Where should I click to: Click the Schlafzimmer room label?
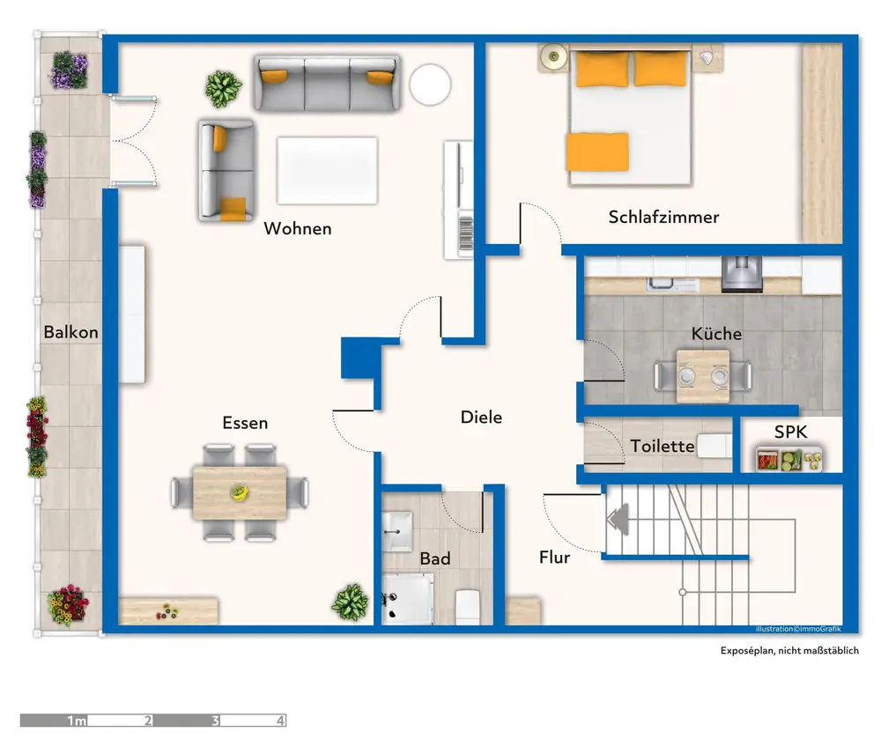pos(663,218)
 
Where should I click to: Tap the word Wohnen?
pos(298,229)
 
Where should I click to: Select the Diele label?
pos(481,418)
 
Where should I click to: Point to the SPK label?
pos(790,432)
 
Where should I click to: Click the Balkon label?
pos(70,332)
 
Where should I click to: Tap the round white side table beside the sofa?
pos(430,85)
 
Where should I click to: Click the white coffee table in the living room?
pos(327,171)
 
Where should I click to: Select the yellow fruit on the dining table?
pos(240,493)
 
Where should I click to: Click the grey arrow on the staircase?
pos(618,518)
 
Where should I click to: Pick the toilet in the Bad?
pos(468,607)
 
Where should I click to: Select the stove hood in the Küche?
pos(742,274)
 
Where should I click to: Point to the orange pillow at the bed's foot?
pos(596,152)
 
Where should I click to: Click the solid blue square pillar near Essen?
pos(360,358)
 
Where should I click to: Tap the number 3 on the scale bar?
pos(215,721)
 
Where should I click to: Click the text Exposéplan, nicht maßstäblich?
pos(789,650)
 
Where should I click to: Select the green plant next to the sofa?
pos(223,89)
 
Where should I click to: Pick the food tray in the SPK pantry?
pos(788,459)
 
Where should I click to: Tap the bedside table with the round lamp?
pos(554,56)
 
